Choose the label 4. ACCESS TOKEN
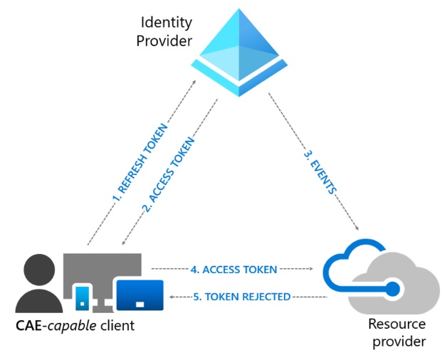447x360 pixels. click(233, 270)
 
